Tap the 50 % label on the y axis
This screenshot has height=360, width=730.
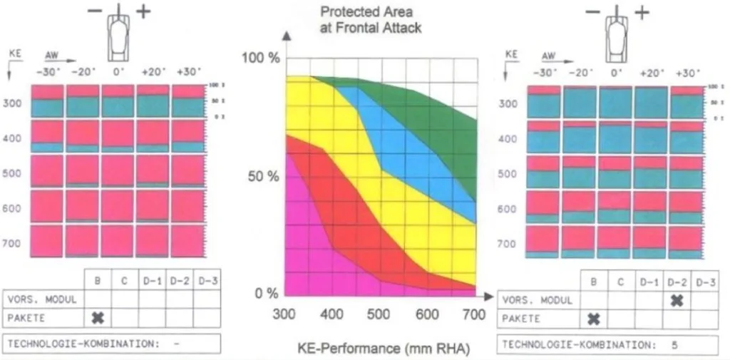(x=263, y=176)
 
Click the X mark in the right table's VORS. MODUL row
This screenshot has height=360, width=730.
(x=677, y=300)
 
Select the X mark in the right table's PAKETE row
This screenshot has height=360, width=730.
(x=595, y=319)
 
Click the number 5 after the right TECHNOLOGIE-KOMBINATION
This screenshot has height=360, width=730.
(x=674, y=344)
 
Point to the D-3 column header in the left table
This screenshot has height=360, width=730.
(x=207, y=282)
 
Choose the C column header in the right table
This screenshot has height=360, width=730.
(x=622, y=282)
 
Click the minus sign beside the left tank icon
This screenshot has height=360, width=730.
(x=95, y=12)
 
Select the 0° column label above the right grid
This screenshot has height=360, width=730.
(x=616, y=73)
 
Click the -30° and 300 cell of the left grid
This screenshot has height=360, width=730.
(x=47, y=101)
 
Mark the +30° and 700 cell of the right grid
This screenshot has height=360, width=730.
(x=686, y=242)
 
